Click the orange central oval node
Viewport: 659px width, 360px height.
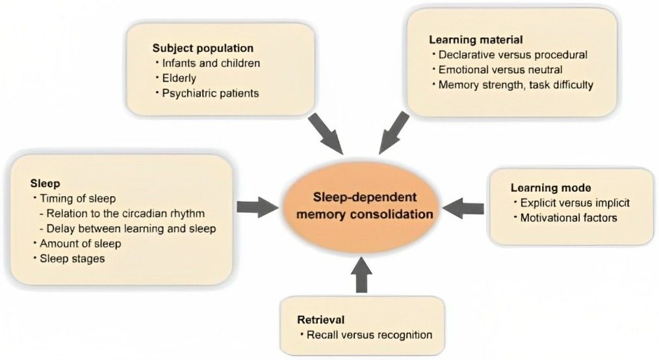point(363,205)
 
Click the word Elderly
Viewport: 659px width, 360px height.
point(178,78)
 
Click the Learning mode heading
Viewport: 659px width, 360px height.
point(543,188)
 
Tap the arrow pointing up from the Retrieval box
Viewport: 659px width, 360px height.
point(363,273)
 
